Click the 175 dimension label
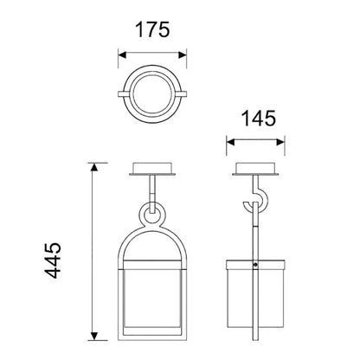coord(152,30)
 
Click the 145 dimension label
coord(259,119)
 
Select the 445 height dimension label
coord(53,260)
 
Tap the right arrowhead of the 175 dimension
coord(183,55)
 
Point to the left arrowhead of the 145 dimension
coord(231,142)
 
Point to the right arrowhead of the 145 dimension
coord(280,142)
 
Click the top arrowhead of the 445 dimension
coord(93,167)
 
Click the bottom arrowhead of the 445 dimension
coord(93,336)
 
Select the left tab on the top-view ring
coord(121,94)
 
